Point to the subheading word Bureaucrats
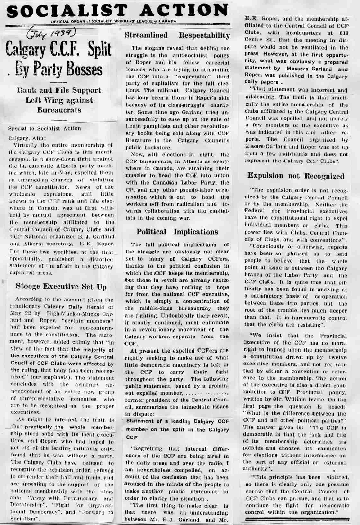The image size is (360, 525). (59, 110)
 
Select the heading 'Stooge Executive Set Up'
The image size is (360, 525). (61, 286)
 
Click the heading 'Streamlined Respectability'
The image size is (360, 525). (177, 35)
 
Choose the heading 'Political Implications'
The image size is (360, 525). (177, 232)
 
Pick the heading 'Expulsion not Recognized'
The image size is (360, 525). (296, 176)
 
